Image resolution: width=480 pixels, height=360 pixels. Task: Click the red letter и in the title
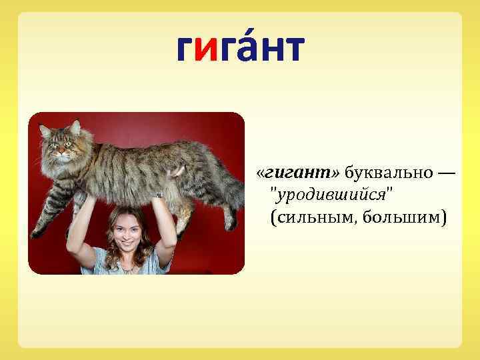(211, 49)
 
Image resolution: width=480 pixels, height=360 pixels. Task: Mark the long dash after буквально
(445, 175)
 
